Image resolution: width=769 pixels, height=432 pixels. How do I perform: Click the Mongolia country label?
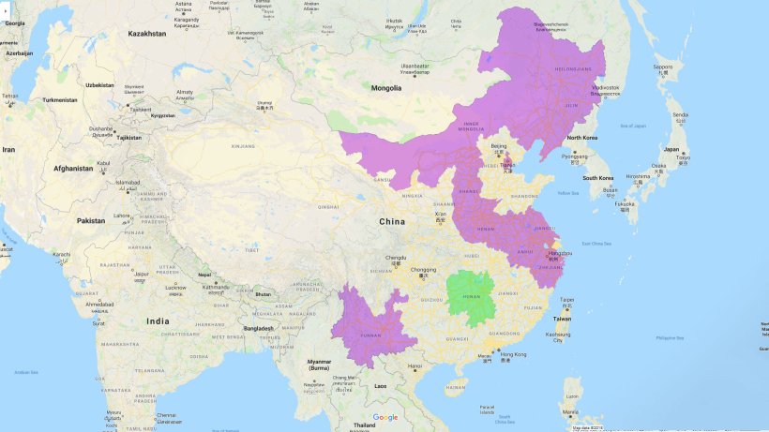point(387,88)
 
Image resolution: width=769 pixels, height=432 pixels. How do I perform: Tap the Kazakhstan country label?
point(147,34)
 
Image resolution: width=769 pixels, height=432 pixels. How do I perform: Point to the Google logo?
point(385,417)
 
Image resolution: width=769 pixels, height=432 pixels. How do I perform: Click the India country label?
point(158,321)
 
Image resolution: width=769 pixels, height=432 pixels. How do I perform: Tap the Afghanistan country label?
point(73,169)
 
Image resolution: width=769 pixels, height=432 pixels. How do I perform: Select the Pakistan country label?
point(91,220)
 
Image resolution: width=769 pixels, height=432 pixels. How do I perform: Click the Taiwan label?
point(562,319)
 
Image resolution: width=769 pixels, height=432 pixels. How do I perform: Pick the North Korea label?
point(582,138)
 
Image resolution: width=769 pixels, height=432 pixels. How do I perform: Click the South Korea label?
point(597,177)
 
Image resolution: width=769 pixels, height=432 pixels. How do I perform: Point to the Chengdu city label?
point(396,257)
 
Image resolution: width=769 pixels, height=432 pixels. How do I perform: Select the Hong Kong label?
point(513,354)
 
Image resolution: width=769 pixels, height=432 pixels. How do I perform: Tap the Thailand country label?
point(364,425)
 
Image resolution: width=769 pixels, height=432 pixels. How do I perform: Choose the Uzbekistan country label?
point(99,85)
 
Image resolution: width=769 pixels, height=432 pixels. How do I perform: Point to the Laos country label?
point(381,385)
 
